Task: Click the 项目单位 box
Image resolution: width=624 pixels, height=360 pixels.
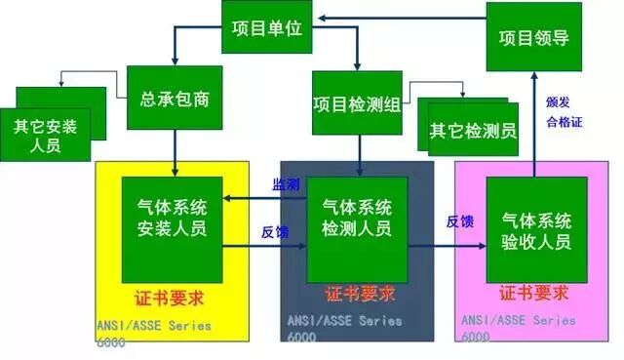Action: coord(268,29)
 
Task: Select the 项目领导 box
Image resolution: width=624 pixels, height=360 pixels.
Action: coord(533,38)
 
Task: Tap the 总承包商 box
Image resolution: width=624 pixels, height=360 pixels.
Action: coord(175,100)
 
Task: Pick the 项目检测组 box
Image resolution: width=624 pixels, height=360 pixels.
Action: coord(357,102)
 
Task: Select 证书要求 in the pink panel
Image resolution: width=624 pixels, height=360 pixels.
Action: coord(535,293)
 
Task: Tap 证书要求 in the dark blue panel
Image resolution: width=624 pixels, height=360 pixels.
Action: coord(359,295)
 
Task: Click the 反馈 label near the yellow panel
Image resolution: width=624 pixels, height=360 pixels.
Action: coord(275,232)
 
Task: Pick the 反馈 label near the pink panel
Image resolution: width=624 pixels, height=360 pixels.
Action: coord(460,221)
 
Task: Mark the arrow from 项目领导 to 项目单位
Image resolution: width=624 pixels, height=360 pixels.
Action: coord(400,16)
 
